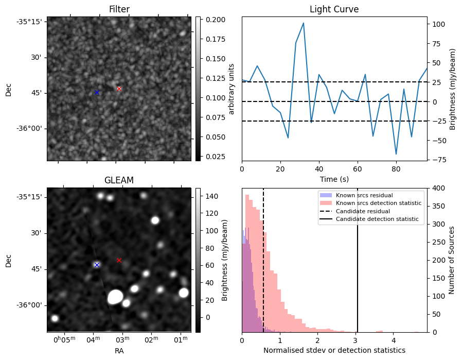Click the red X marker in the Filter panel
point(119,89)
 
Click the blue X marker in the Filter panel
point(97,93)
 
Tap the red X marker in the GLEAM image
point(119,260)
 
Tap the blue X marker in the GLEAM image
point(97,265)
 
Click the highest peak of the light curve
point(304,23)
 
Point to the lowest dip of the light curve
point(396,154)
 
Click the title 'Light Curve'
point(334,9)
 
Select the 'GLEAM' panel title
point(119,180)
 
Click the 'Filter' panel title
point(119,9)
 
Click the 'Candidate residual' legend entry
point(363,211)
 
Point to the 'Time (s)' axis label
point(334,179)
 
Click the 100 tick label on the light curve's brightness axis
point(438,24)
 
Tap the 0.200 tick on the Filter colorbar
point(216,20)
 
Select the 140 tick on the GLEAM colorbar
point(212,196)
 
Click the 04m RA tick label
point(94,340)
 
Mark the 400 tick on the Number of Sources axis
point(438,188)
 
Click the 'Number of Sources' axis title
point(451,261)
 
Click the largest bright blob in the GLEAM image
point(115,297)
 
